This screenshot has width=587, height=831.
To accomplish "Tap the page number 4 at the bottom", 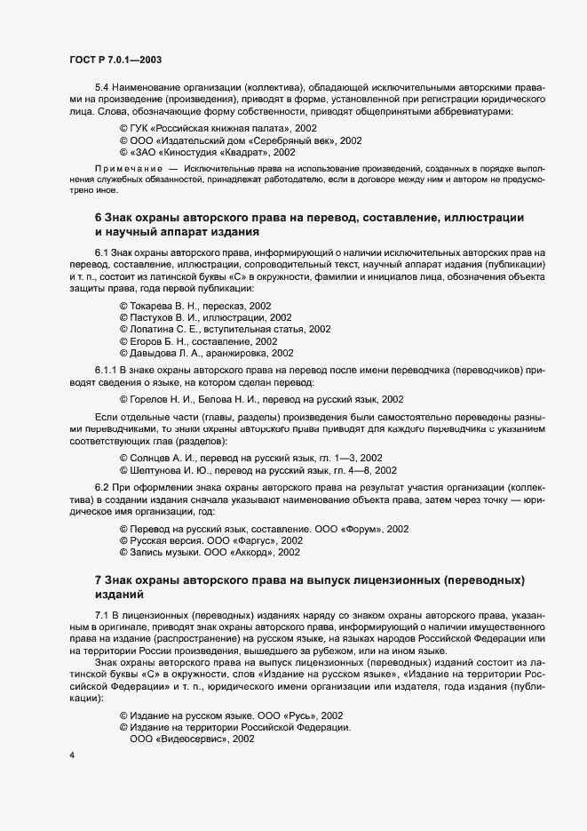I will [71, 755].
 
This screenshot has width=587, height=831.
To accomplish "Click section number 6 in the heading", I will [98, 218].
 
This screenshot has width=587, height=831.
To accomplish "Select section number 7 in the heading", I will [98, 580].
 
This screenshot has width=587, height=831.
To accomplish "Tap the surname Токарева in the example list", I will [155, 305].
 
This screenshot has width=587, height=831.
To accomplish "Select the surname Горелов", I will [152, 398].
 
